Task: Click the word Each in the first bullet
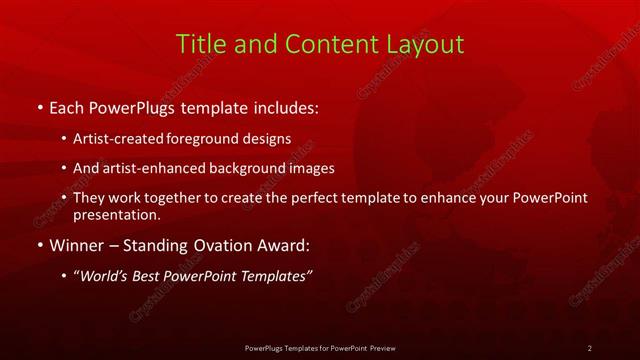68,106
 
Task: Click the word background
247,168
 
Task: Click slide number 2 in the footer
590,347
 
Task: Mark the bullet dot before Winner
39,245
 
